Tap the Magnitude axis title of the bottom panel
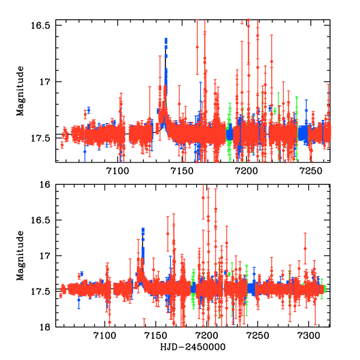click(20, 256)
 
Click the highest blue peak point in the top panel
click(166, 40)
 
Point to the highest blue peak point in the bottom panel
click(143, 229)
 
